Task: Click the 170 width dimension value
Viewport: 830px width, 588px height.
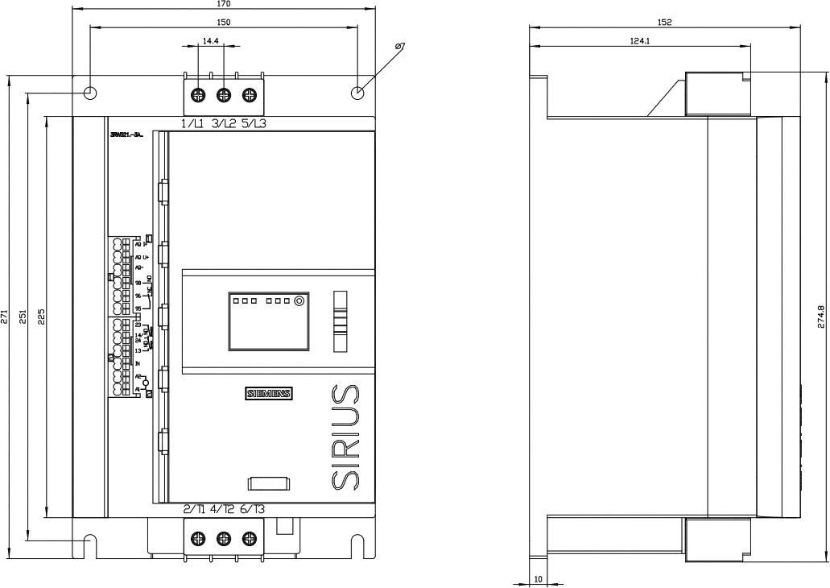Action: tap(224, 4)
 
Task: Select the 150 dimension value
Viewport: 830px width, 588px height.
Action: tap(224, 23)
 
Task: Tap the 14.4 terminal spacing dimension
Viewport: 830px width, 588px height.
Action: tap(210, 40)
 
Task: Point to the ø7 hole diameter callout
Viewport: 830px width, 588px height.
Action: tap(400, 48)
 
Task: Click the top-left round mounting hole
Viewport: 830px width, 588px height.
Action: tap(91, 93)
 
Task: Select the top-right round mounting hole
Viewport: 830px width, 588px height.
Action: tap(358, 93)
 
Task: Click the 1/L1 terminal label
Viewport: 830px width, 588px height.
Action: tap(192, 124)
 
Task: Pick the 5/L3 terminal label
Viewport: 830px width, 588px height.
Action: tap(254, 124)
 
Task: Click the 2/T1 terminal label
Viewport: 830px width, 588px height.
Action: tap(193, 509)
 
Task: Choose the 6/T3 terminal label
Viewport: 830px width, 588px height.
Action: tap(253, 509)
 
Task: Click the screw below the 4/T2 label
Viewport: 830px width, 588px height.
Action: tap(224, 538)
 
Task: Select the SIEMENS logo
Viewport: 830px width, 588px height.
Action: tap(269, 394)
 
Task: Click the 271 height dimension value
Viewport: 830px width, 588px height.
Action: tap(5, 317)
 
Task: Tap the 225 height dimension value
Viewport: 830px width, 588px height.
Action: tap(42, 317)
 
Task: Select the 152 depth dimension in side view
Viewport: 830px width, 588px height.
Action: tap(664, 23)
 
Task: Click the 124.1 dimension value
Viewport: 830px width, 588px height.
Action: tap(640, 40)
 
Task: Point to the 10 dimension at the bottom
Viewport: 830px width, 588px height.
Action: tap(538, 578)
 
